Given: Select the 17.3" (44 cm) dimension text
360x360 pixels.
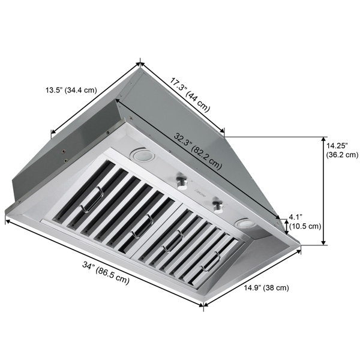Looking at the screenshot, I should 190,95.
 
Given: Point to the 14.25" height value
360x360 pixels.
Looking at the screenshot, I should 337,145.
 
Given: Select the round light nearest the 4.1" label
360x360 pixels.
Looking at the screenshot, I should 244,223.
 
